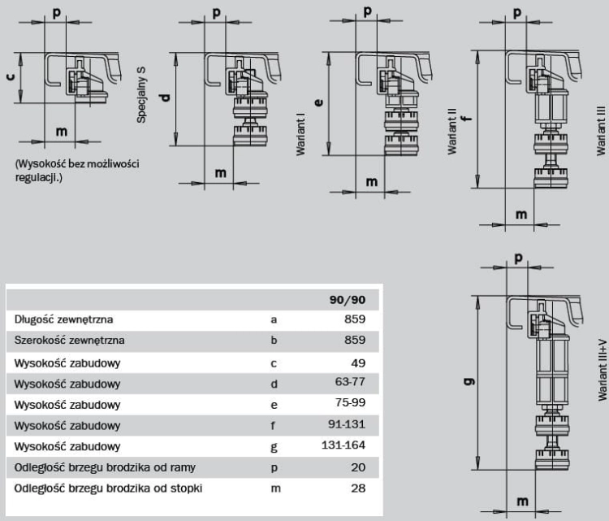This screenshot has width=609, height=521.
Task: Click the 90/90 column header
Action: pyautogui.click(x=348, y=300)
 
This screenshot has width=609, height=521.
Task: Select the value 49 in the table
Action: pyautogui.click(x=358, y=363)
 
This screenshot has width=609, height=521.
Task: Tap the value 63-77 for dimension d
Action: pyautogui.click(x=350, y=382)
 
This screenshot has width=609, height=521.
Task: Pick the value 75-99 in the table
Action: pyautogui.click(x=350, y=402)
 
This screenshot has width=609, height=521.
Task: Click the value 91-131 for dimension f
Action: pyautogui.click(x=347, y=423)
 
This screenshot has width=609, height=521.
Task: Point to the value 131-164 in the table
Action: pyautogui.click(x=343, y=445)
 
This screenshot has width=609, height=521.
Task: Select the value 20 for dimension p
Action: pyautogui.click(x=358, y=467)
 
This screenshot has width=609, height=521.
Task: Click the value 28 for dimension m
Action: pyautogui.click(x=358, y=488)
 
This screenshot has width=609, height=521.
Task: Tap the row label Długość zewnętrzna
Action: pyautogui.click(x=63, y=319)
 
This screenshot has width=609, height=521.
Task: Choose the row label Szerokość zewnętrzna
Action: pyautogui.click(x=70, y=341)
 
